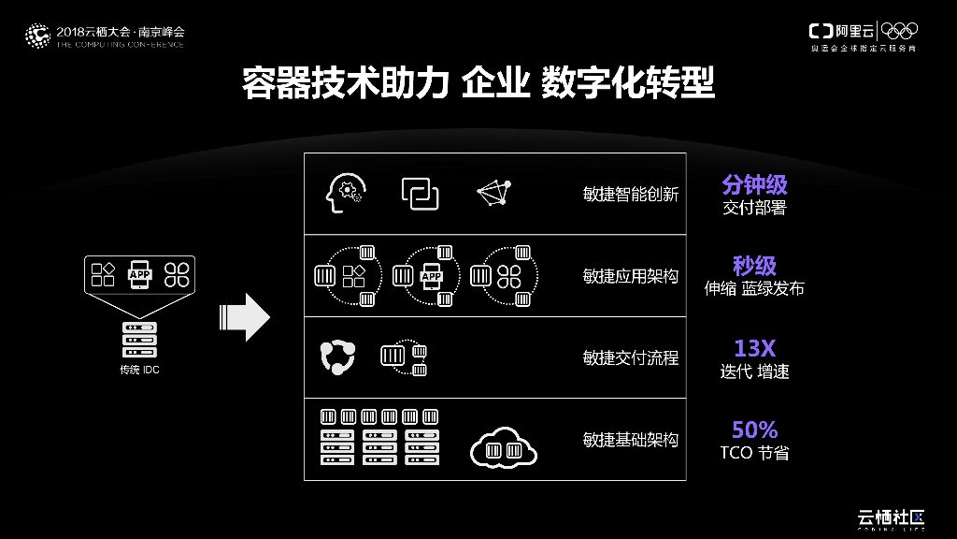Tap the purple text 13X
tap(754, 348)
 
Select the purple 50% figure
tap(754, 430)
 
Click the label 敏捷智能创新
tap(630, 195)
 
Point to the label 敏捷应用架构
tap(630, 276)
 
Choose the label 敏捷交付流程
tap(630, 357)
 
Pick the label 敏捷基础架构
tap(630, 439)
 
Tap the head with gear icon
tap(343, 193)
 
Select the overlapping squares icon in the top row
tap(421, 193)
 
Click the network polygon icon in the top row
tap(495, 192)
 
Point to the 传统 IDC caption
tap(139, 371)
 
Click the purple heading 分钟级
tap(754, 183)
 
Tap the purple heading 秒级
tap(754, 265)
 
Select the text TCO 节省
tap(754, 454)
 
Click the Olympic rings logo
tap(899, 30)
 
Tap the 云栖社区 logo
tap(891, 517)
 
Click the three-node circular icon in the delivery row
tap(337, 357)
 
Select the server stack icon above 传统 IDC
tap(139, 340)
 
